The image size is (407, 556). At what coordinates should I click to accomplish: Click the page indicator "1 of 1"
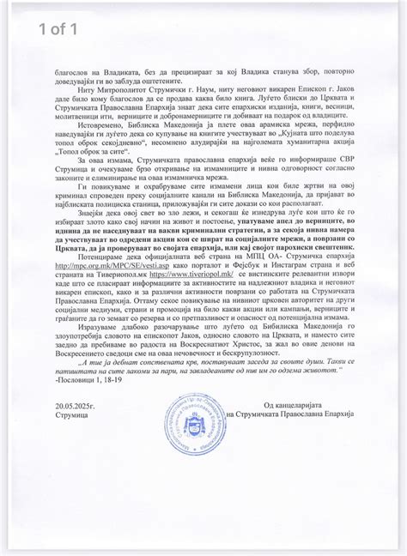tap(61, 30)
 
